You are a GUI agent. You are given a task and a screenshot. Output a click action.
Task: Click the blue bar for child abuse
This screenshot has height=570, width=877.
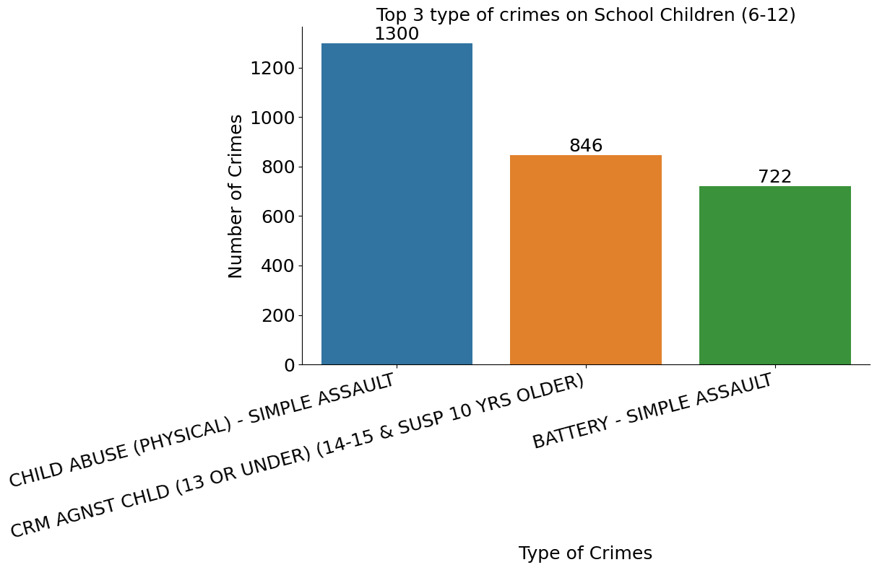click(397, 204)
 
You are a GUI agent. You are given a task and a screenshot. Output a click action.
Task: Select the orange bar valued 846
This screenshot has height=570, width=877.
click(585, 260)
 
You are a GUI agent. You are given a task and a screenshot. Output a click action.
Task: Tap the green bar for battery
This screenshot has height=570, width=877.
click(774, 275)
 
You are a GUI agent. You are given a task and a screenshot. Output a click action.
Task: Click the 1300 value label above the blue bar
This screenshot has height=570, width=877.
click(397, 34)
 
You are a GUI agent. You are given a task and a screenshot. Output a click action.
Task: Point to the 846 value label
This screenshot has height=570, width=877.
click(586, 146)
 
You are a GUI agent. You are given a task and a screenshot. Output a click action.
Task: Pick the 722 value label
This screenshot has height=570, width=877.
click(774, 177)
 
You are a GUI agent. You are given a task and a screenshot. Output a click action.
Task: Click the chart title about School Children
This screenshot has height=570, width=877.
click(585, 15)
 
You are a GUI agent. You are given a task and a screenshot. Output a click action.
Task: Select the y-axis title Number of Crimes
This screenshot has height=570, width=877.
click(236, 196)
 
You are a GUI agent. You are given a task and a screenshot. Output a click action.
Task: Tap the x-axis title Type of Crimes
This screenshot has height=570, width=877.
click(585, 553)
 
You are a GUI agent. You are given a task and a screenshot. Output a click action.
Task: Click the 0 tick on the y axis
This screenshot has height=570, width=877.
click(290, 365)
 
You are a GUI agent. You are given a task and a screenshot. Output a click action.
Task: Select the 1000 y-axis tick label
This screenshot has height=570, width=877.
click(269, 118)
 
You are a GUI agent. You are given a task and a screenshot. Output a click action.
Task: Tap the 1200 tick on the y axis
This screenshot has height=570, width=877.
click(269, 69)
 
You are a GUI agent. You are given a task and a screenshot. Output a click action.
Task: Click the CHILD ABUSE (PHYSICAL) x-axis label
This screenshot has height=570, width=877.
click(202, 430)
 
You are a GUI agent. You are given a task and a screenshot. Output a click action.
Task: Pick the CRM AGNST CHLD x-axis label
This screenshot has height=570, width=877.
click(297, 457)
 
